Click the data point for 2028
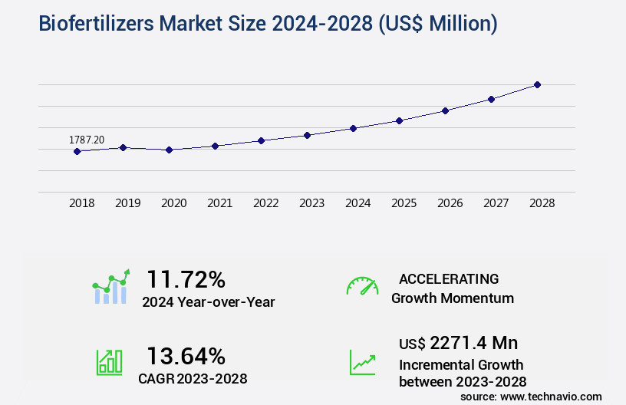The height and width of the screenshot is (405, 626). [x=537, y=84]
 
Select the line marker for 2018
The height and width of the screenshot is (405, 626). [x=77, y=151]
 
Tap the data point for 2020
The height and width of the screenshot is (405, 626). [x=169, y=150]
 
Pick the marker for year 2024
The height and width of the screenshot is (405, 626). [x=353, y=128]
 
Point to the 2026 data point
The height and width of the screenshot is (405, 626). [x=445, y=110]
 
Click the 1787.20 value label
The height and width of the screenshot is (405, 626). [x=87, y=140]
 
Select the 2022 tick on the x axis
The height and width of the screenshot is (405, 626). [x=265, y=203]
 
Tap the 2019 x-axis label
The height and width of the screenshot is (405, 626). [x=127, y=203]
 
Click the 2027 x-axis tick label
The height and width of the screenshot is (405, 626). [x=496, y=203]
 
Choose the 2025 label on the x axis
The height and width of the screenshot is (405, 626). [x=404, y=203]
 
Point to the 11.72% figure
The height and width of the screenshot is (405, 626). [x=186, y=279]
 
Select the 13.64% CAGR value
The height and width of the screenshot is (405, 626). [x=186, y=356]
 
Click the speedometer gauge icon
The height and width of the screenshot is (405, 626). [x=362, y=286]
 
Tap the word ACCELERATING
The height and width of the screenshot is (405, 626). [x=449, y=278]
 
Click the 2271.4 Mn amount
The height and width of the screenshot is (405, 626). [x=473, y=343]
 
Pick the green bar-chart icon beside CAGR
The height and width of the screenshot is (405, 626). [x=109, y=361]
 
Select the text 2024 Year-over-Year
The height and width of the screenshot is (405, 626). [x=208, y=301]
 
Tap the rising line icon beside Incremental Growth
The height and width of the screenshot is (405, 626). [x=362, y=361]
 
